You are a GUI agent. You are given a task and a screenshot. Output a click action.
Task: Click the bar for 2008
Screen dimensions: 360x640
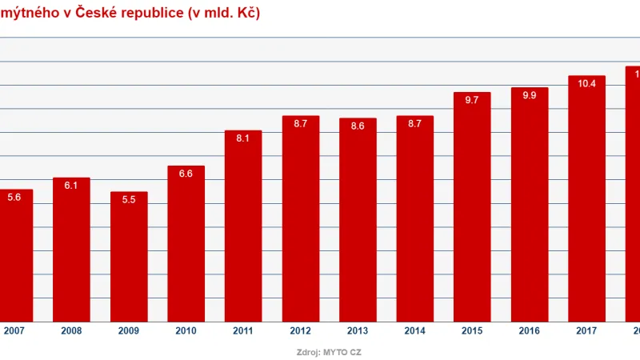(x=71, y=250)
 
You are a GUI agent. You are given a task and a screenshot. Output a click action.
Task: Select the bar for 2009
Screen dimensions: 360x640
(x=129, y=257)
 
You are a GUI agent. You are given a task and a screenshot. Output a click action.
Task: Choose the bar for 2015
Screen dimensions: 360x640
(x=471, y=207)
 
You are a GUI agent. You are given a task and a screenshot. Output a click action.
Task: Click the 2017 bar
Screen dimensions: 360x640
(x=586, y=199)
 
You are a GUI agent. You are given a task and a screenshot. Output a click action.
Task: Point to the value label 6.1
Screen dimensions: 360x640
(x=71, y=186)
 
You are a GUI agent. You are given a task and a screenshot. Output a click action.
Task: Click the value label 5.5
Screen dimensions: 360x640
(x=129, y=200)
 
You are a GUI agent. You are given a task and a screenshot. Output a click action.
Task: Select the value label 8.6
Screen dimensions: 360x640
(x=358, y=126)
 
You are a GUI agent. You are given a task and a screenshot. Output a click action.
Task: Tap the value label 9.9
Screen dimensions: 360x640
(x=529, y=96)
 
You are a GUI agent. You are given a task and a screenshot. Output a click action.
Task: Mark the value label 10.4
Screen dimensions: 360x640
(x=586, y=84)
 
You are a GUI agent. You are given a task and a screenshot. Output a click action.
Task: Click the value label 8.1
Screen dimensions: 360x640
(x=243, y=138)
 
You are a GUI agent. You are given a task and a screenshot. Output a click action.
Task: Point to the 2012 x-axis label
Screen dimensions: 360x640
(x=301, y=330)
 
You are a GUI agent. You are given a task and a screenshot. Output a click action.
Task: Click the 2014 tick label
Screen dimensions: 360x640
(x=414, y=330)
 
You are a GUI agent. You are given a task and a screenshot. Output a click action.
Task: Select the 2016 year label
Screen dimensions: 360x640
(x=529, y=330)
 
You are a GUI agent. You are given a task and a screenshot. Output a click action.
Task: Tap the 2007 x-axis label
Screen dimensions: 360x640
(x=14, y=330)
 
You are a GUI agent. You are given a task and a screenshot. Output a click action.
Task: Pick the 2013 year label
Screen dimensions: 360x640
(x=358, y=330)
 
